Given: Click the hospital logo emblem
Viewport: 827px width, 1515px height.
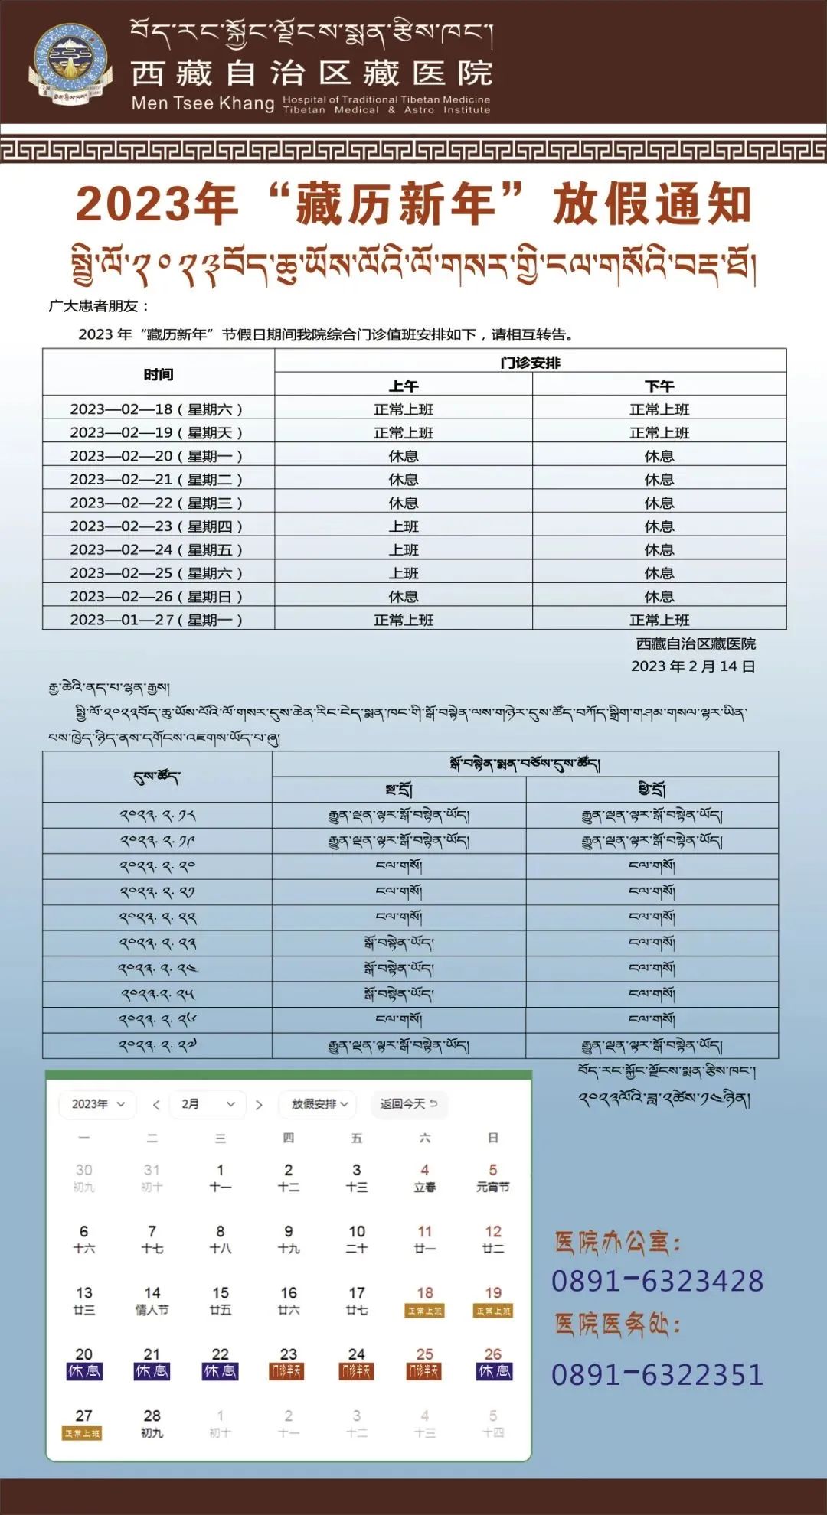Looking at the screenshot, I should [x=67, y=65].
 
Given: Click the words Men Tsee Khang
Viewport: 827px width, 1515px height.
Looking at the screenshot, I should [x=202, y=103].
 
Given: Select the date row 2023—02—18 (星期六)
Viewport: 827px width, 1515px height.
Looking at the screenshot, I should [x=157, y=409].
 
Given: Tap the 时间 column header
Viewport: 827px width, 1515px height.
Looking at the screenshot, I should [x=159, y=374].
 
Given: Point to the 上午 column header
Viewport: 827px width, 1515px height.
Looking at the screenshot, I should [x=404, y=386].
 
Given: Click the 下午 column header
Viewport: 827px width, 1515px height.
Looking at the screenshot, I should [x=659, y=386].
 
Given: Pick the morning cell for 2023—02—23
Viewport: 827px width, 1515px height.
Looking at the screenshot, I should [x=404, y=526].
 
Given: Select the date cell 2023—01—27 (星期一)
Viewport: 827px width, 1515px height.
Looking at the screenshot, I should [x=157, y=620].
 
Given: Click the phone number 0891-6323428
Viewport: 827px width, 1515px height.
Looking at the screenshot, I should [x=657, y=1281].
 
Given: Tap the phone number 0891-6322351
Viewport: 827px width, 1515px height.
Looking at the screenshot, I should [x=657, y=1374].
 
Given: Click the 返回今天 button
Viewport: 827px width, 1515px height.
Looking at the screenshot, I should [x=409, y=1104].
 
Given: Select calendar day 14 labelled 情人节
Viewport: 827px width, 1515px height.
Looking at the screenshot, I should [x=152, y=1300].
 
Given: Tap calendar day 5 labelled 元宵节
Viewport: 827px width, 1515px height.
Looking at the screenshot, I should [x=492, y=1178].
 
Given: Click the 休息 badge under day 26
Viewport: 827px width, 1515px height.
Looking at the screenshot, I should [x=493, y=1371].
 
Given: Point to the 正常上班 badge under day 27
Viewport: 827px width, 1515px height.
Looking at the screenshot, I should [x=83, y=1433].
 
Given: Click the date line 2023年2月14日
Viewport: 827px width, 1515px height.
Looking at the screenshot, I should [x=693, y=666].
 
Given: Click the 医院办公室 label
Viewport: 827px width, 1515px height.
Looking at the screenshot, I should [x=617, y=1243].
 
